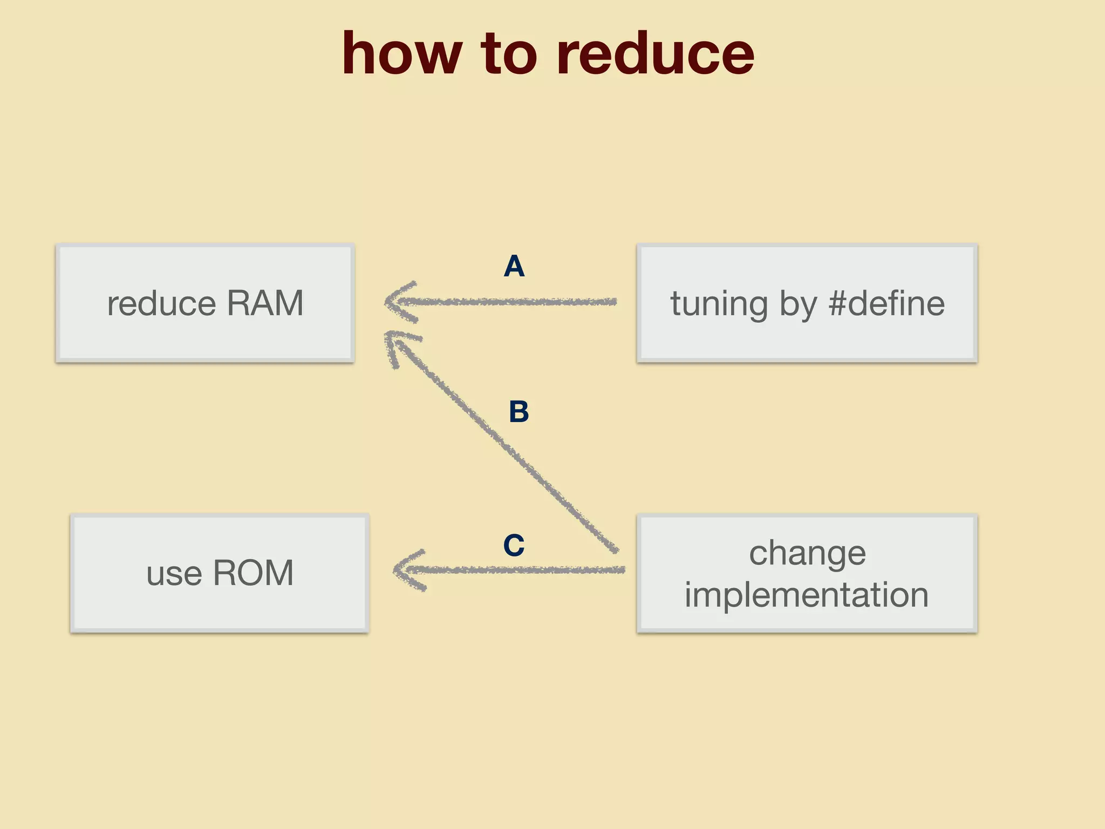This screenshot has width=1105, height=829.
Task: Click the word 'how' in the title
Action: coord(402,54)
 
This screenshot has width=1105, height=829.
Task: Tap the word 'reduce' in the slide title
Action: coord(654,54)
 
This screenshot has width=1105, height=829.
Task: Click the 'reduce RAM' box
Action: coord(205,303)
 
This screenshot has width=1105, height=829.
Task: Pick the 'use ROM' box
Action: coord(220,573)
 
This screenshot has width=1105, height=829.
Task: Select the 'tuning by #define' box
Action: coord(807,303)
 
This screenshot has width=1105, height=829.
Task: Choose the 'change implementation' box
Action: coord(807,573)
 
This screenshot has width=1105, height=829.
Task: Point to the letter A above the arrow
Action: coord(514,267)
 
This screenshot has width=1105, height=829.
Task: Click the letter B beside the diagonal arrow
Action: coord(519,412)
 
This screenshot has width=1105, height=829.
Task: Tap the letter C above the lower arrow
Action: coord(514,545)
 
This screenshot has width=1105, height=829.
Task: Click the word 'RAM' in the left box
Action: coord(265,303)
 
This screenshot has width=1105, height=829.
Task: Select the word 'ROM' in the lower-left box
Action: coord(253,573)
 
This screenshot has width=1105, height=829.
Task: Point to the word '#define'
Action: coord(886,303)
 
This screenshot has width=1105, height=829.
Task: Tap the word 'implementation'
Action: coord(807,595)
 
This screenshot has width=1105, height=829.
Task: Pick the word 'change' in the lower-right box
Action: coord(807,554)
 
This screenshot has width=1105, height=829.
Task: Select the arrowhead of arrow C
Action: coord(401,570)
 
